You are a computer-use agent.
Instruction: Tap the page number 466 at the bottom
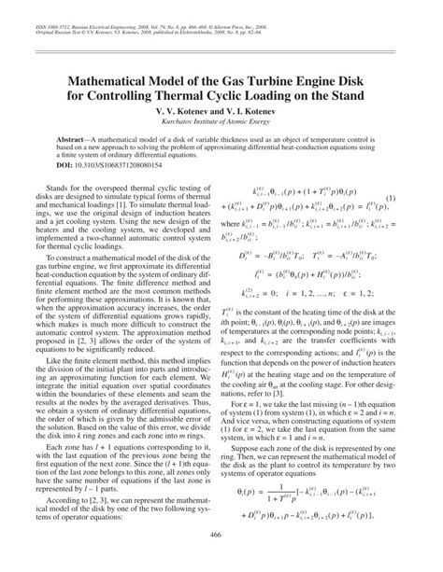coord(221,557)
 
